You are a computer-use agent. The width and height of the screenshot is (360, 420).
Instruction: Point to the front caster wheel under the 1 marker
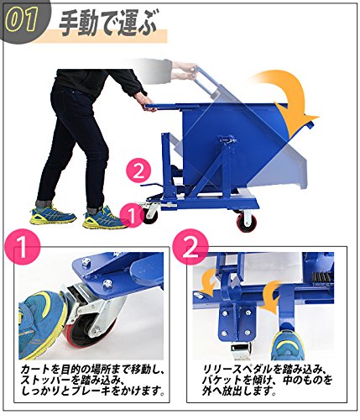point(152,213)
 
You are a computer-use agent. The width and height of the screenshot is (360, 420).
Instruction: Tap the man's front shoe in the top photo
point(100,217)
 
